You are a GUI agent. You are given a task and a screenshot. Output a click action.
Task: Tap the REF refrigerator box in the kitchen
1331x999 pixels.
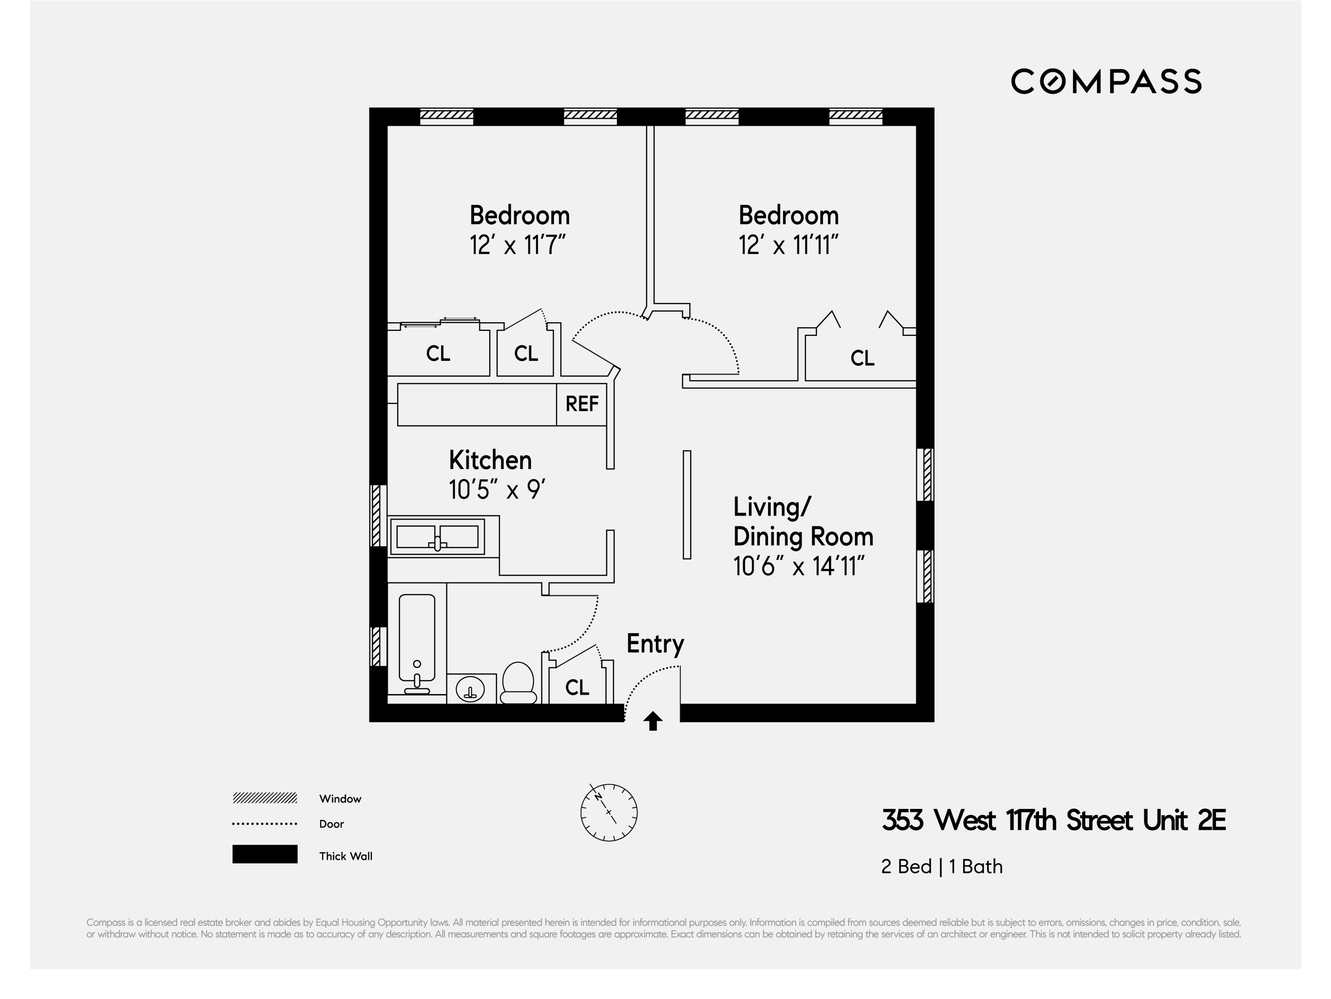[x=581, y=404]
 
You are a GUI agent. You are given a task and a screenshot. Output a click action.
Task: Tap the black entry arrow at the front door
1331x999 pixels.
[x=653, y=720]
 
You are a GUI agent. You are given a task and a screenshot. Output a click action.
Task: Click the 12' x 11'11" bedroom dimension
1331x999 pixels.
[x=788, y=245]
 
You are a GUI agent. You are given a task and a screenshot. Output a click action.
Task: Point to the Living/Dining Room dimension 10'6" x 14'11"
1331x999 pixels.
[x=798, y=566]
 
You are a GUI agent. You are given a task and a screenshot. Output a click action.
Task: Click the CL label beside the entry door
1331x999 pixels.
[x=577, y=687]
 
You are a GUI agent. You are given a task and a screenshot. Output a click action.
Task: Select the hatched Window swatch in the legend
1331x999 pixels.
[x=265, y=798]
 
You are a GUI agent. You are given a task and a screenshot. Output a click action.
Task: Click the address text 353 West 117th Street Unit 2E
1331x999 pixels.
[x=1053, y=820]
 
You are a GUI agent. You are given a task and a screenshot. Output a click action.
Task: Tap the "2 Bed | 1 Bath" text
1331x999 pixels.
[x=941, y=867]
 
